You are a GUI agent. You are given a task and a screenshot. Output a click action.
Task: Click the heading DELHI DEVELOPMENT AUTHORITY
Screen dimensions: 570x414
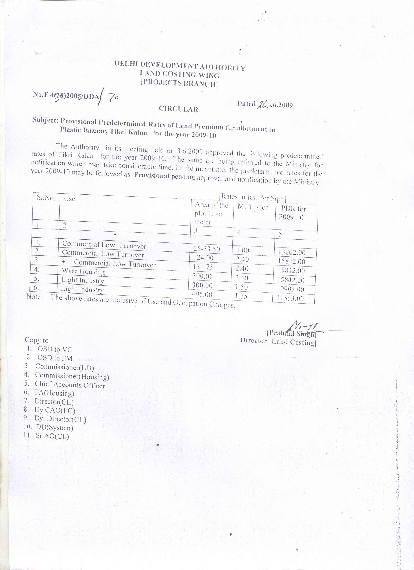point(180,66)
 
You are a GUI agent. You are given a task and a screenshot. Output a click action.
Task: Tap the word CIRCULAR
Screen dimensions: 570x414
point(178,109)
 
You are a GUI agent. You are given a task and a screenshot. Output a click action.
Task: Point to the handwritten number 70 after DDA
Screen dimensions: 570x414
point(113,97)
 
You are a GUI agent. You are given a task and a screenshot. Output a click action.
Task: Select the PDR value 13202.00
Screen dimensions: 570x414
point(292,252)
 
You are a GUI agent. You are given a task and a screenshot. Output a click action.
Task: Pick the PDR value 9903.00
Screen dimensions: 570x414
point(292,289)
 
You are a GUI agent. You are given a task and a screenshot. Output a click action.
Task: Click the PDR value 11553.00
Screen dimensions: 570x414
point(290,298)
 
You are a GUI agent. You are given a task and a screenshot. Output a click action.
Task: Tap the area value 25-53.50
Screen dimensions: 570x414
point(207,249)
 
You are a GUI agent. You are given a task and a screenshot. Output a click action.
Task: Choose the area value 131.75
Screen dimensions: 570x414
point(202,267)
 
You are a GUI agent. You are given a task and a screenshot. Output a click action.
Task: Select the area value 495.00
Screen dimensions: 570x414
point(202,294)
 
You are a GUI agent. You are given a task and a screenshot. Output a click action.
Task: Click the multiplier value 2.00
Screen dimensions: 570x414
point(242,250)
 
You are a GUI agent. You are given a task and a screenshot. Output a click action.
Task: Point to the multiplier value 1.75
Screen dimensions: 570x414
point(241,296)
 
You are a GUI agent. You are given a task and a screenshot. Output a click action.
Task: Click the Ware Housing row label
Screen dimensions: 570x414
point(83,271)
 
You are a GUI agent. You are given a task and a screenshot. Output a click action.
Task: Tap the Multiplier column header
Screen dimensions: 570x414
point(253,207)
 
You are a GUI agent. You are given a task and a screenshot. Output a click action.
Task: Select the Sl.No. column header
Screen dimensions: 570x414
point(46,198)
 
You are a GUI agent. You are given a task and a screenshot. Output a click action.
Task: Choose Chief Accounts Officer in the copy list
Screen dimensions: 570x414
point(70,385)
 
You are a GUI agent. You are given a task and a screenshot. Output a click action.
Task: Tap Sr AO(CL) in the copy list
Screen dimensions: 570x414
point(52,436)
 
